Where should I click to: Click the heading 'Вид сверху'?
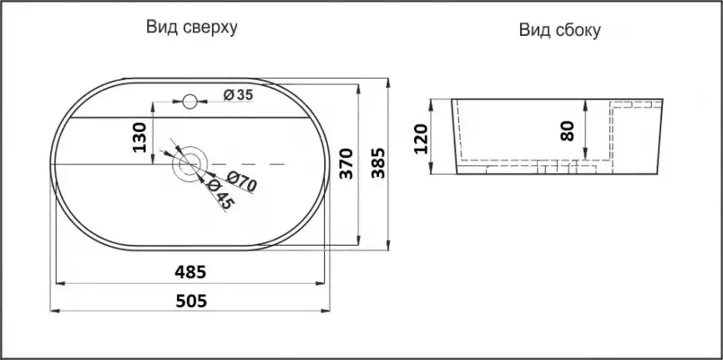(193, 28)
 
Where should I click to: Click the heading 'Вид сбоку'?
(559, 31)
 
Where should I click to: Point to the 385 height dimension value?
(377, 164)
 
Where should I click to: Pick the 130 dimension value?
(139, 136)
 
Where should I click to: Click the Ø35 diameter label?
(238, 94)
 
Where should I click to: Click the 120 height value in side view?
(420, 137)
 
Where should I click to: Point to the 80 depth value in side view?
(568, 131)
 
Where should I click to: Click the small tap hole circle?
(190, 102)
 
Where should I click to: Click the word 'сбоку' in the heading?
(579, 31)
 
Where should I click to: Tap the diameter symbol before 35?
(227, 94)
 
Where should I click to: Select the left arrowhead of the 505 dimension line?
(54, 310)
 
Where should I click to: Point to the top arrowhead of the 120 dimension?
(432, 103)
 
